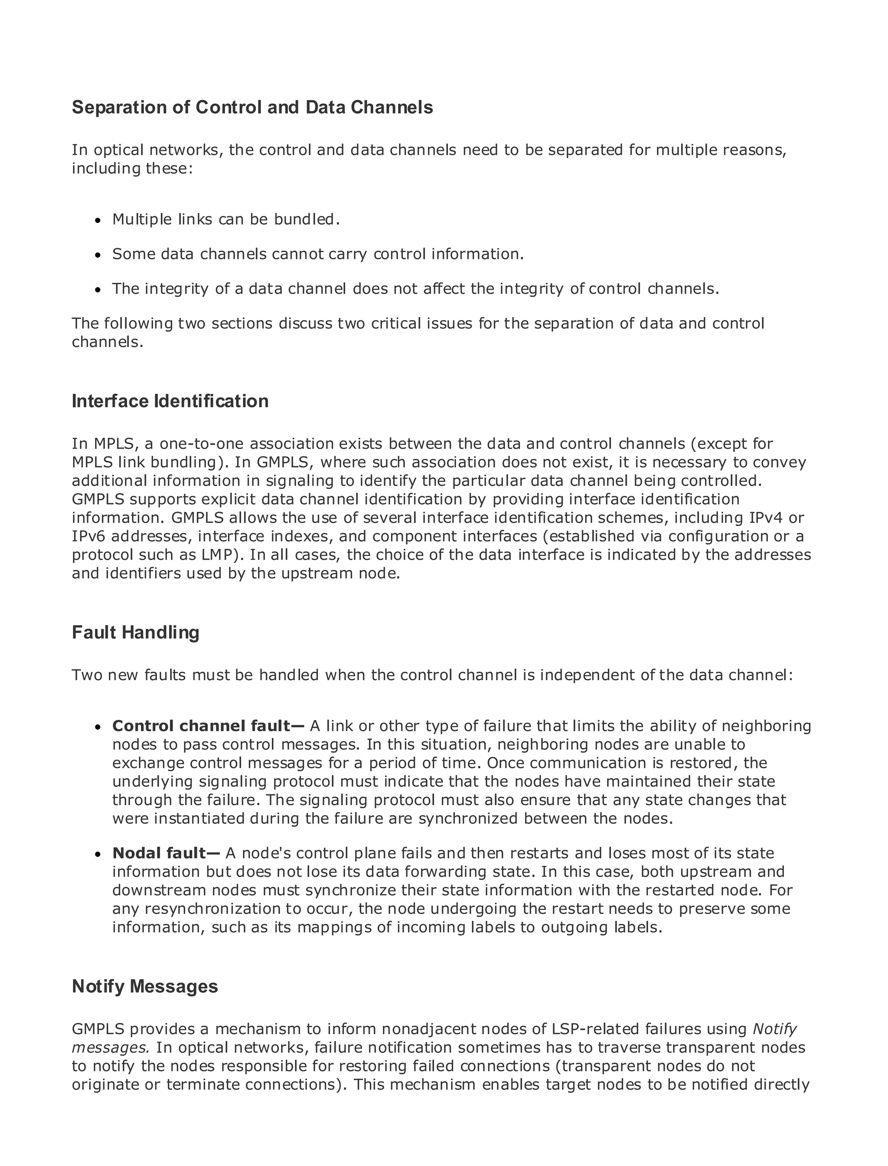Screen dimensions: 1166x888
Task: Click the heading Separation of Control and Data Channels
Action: coord(252,107)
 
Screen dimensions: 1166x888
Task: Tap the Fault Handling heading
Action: coord(135,632)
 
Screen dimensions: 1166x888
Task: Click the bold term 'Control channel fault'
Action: coord(201,726)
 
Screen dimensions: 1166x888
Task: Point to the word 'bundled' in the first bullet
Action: coord(304,219)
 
